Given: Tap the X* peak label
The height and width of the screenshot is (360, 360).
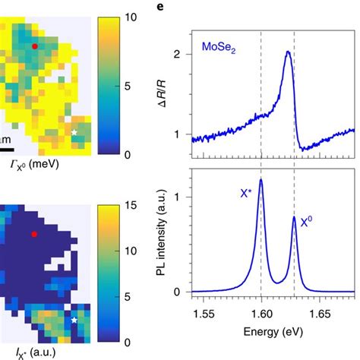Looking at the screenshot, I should click(x=245, y=194).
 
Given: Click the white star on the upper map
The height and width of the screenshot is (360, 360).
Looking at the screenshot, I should click(x=74, y=132).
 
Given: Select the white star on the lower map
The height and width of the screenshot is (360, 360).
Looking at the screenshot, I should click(x=74, y=321).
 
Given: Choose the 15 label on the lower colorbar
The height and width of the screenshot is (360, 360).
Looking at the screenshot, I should click(x=131, y=204).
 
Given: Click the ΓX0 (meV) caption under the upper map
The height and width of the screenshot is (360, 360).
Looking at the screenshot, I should click(x=38, y=163).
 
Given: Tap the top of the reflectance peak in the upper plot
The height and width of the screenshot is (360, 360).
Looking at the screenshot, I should click(x=287, y=52).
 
